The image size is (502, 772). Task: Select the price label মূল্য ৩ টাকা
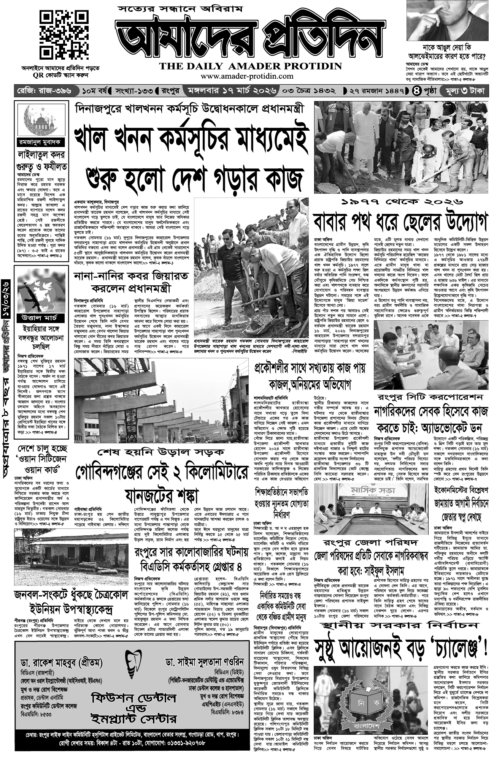(463, 92)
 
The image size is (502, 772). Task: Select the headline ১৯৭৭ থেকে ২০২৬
(401, 202)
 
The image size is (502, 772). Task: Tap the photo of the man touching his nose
(447, 21)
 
